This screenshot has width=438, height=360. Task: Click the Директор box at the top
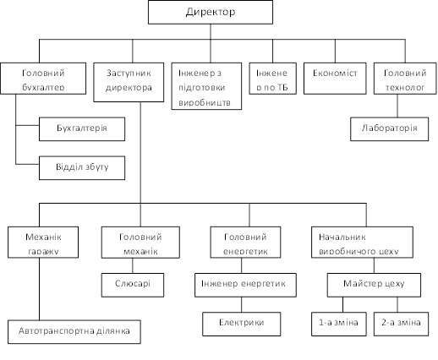(211, 12)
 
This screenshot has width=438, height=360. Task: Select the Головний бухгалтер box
(43, 79)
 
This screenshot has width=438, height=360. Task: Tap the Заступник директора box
(129, 82)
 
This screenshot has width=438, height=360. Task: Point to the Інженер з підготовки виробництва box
(206, 86)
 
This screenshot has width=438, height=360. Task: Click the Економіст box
(335, 79)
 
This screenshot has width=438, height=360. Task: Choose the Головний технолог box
(405, 79)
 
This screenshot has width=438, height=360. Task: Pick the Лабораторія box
(389, 129)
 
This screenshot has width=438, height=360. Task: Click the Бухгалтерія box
(82, 129)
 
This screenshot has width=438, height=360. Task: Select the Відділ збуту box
(82, 168)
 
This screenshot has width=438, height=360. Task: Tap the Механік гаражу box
(43, 243)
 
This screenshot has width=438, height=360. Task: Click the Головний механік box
(140, 243)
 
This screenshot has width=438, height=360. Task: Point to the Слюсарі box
(133, 285)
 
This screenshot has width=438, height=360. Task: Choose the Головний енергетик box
(245, 243)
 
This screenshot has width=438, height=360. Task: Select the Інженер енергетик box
(245, 285)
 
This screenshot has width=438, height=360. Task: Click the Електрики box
(242, 324)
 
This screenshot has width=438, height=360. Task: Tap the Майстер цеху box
(374, 285)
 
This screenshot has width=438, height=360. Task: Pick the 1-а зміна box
(339, 324)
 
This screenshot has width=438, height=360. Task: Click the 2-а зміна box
(401, 324)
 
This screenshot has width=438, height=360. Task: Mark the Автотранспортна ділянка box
(74, 332)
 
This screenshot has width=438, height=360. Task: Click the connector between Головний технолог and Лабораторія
(397, 106)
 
